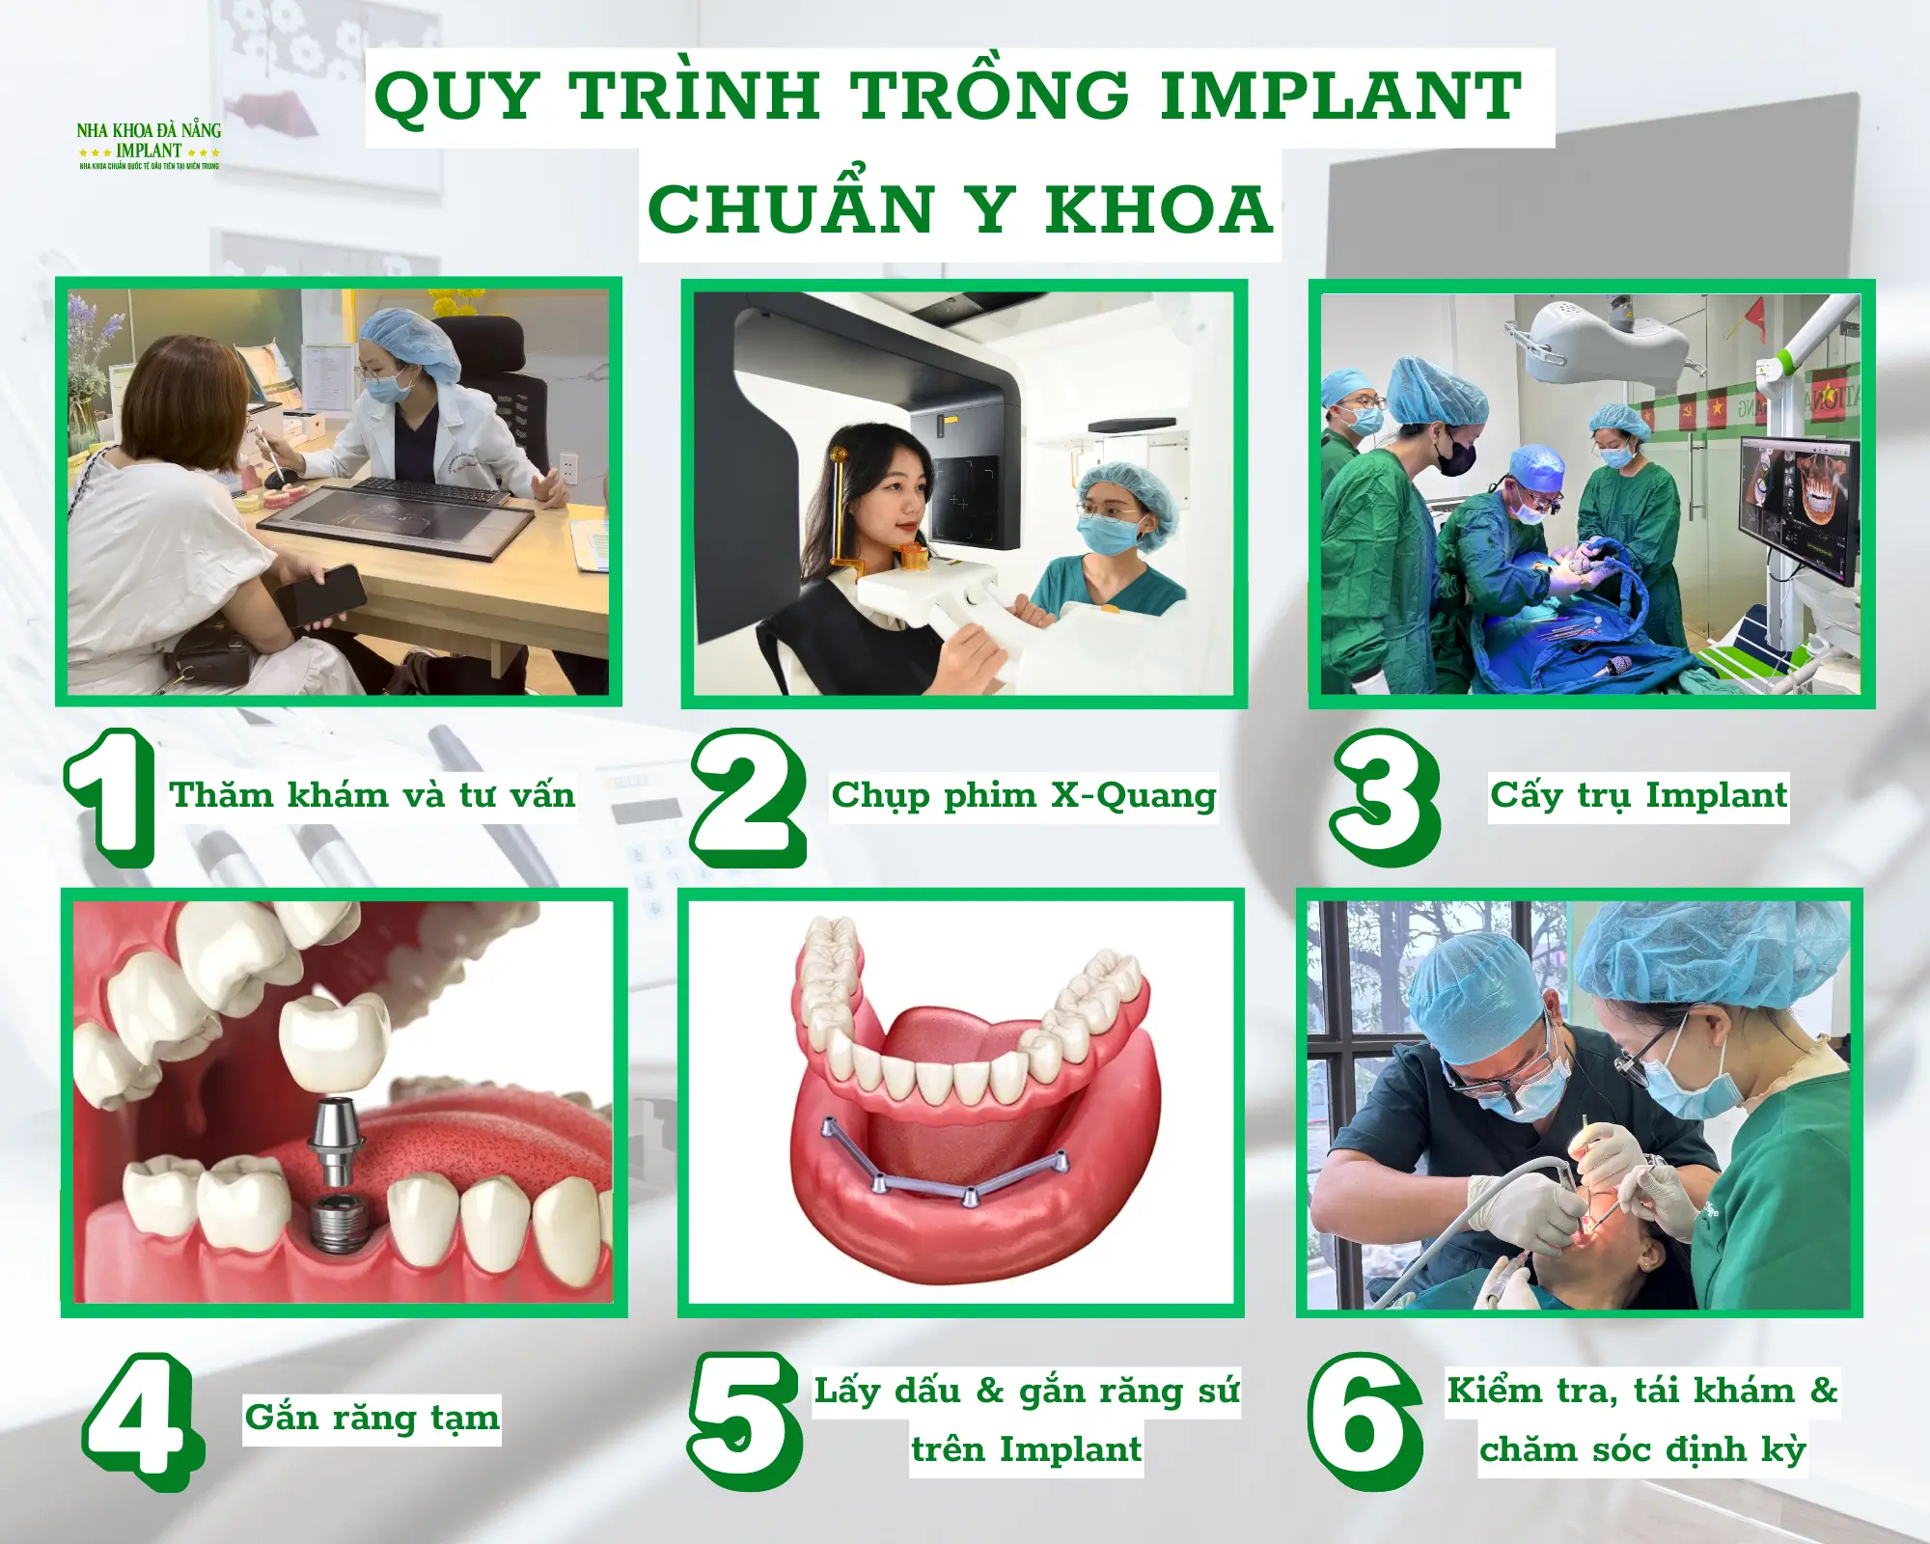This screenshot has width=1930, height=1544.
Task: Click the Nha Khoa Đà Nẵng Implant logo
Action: coord(149,146)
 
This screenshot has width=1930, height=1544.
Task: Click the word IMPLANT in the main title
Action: coord(1340,96)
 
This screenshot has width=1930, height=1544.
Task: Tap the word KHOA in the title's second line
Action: coord(1159,209)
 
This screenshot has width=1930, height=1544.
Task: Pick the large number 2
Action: coord(748,797)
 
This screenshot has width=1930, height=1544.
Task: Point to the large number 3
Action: coord(1385,797)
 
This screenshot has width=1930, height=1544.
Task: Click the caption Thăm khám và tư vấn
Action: coord(372,795)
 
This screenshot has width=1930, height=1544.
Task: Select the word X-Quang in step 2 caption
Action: coord(1133,797)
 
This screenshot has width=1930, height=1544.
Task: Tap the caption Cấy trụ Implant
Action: coord(1639,795)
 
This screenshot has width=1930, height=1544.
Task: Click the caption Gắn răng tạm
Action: coord(372,1418)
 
